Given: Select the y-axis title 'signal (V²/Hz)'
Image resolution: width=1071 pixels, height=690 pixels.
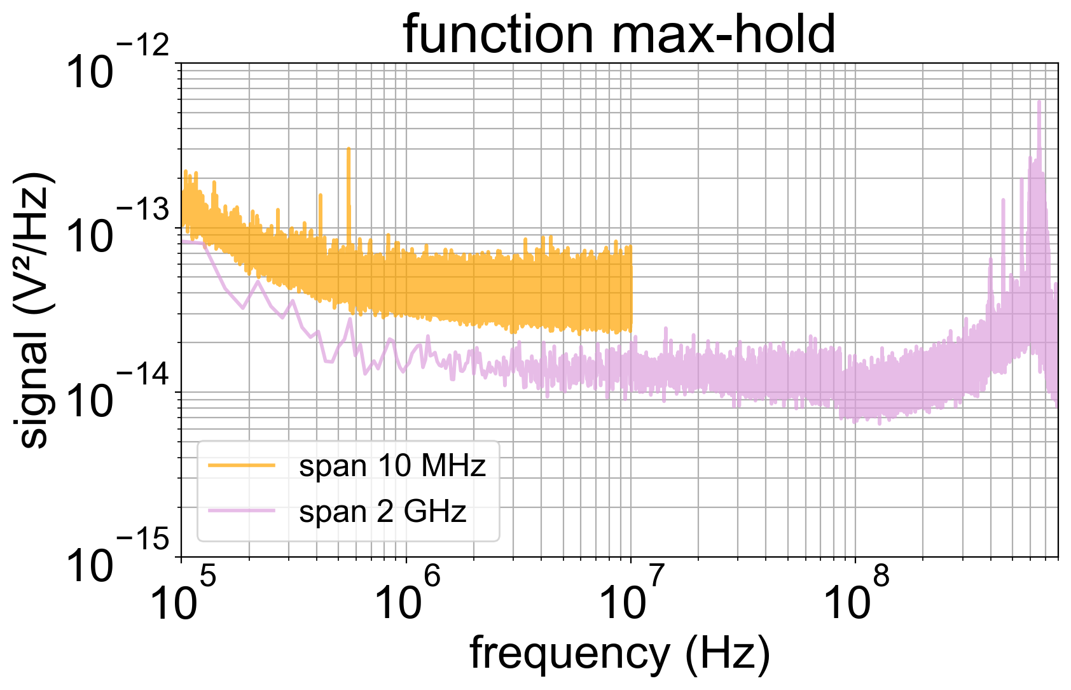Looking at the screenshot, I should pyautogui.click(x=33, y=310).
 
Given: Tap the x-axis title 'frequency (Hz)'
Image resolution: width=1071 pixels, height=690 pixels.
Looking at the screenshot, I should pyautogui.click(x=619, y=653).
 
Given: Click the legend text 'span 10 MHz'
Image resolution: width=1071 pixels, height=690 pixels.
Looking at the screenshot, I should pyautogui.click(x=392, y=466).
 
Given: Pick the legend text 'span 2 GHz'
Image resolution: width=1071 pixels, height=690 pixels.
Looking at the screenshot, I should pyautogui.click(x=382, y=511).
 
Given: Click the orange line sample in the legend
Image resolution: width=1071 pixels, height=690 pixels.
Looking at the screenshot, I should pyautogui.click(x=242, y=466).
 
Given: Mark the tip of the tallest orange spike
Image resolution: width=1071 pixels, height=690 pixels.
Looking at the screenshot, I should pyautogui.click(x=349, y=148).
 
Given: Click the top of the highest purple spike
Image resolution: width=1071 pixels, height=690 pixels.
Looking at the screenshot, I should pyautogui.click(x=1039, y=101).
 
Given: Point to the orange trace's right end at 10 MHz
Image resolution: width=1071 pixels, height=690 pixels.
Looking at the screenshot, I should pyautogui.click(x=631, y=286).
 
